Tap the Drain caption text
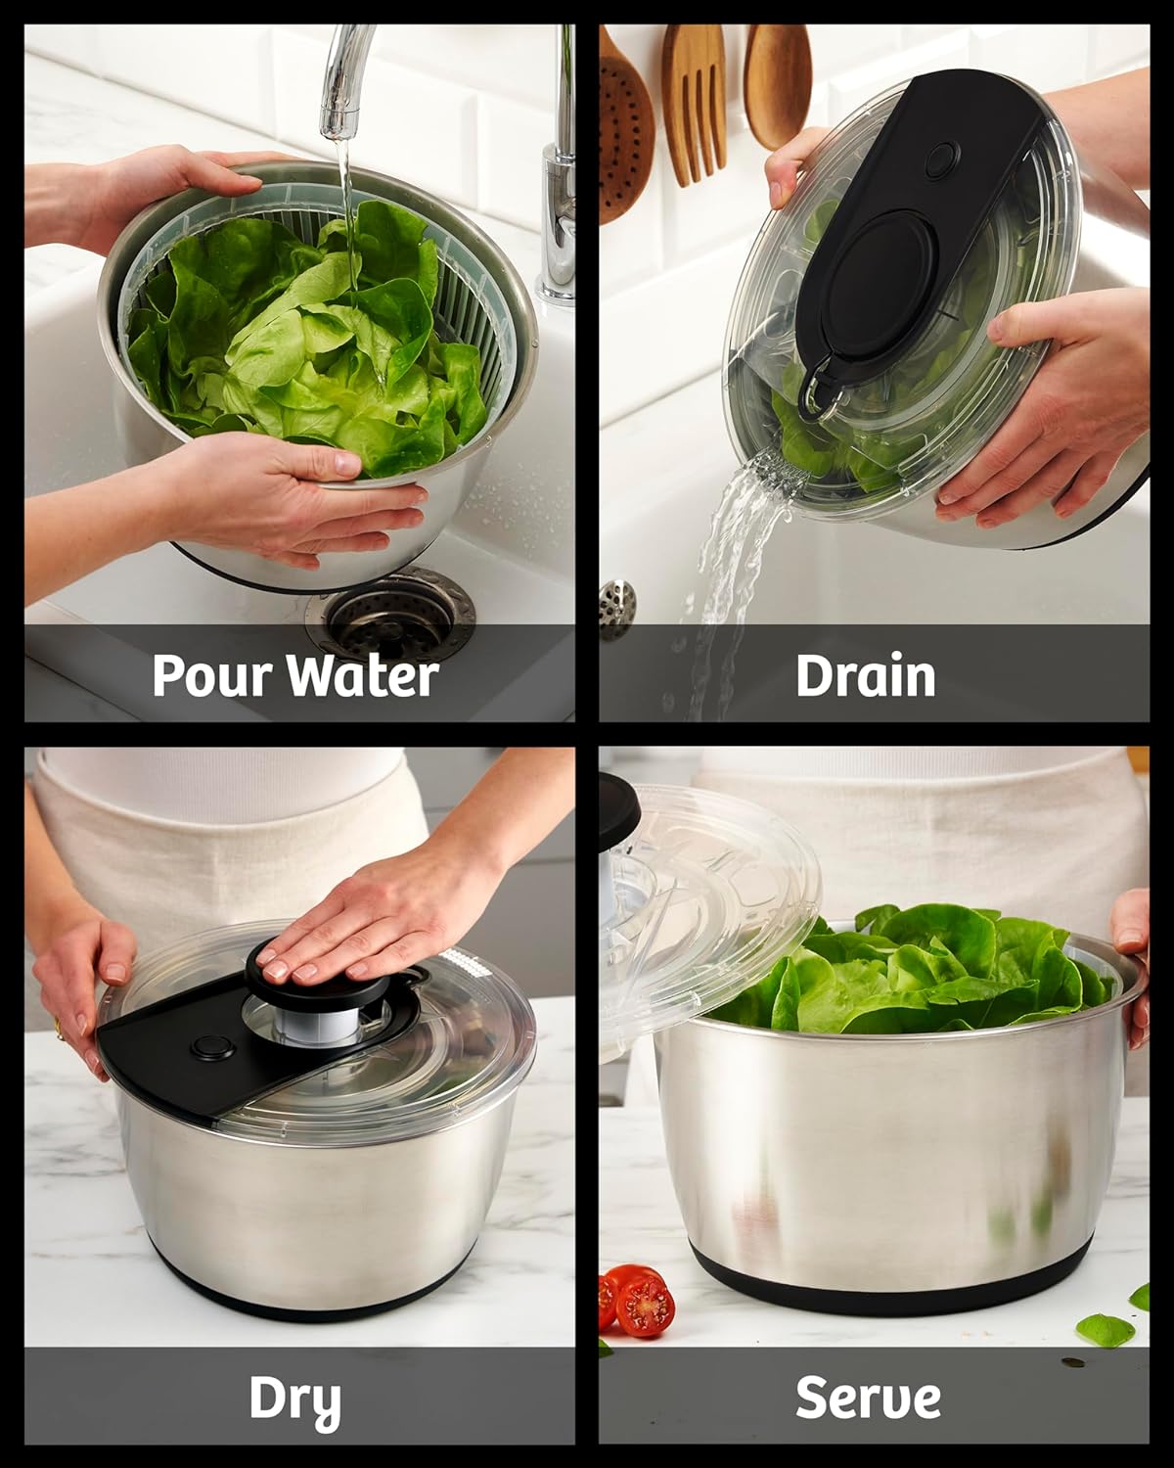tap(866, 675)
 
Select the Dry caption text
tap(294, 1399)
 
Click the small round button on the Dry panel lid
tap(206, 1048)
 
